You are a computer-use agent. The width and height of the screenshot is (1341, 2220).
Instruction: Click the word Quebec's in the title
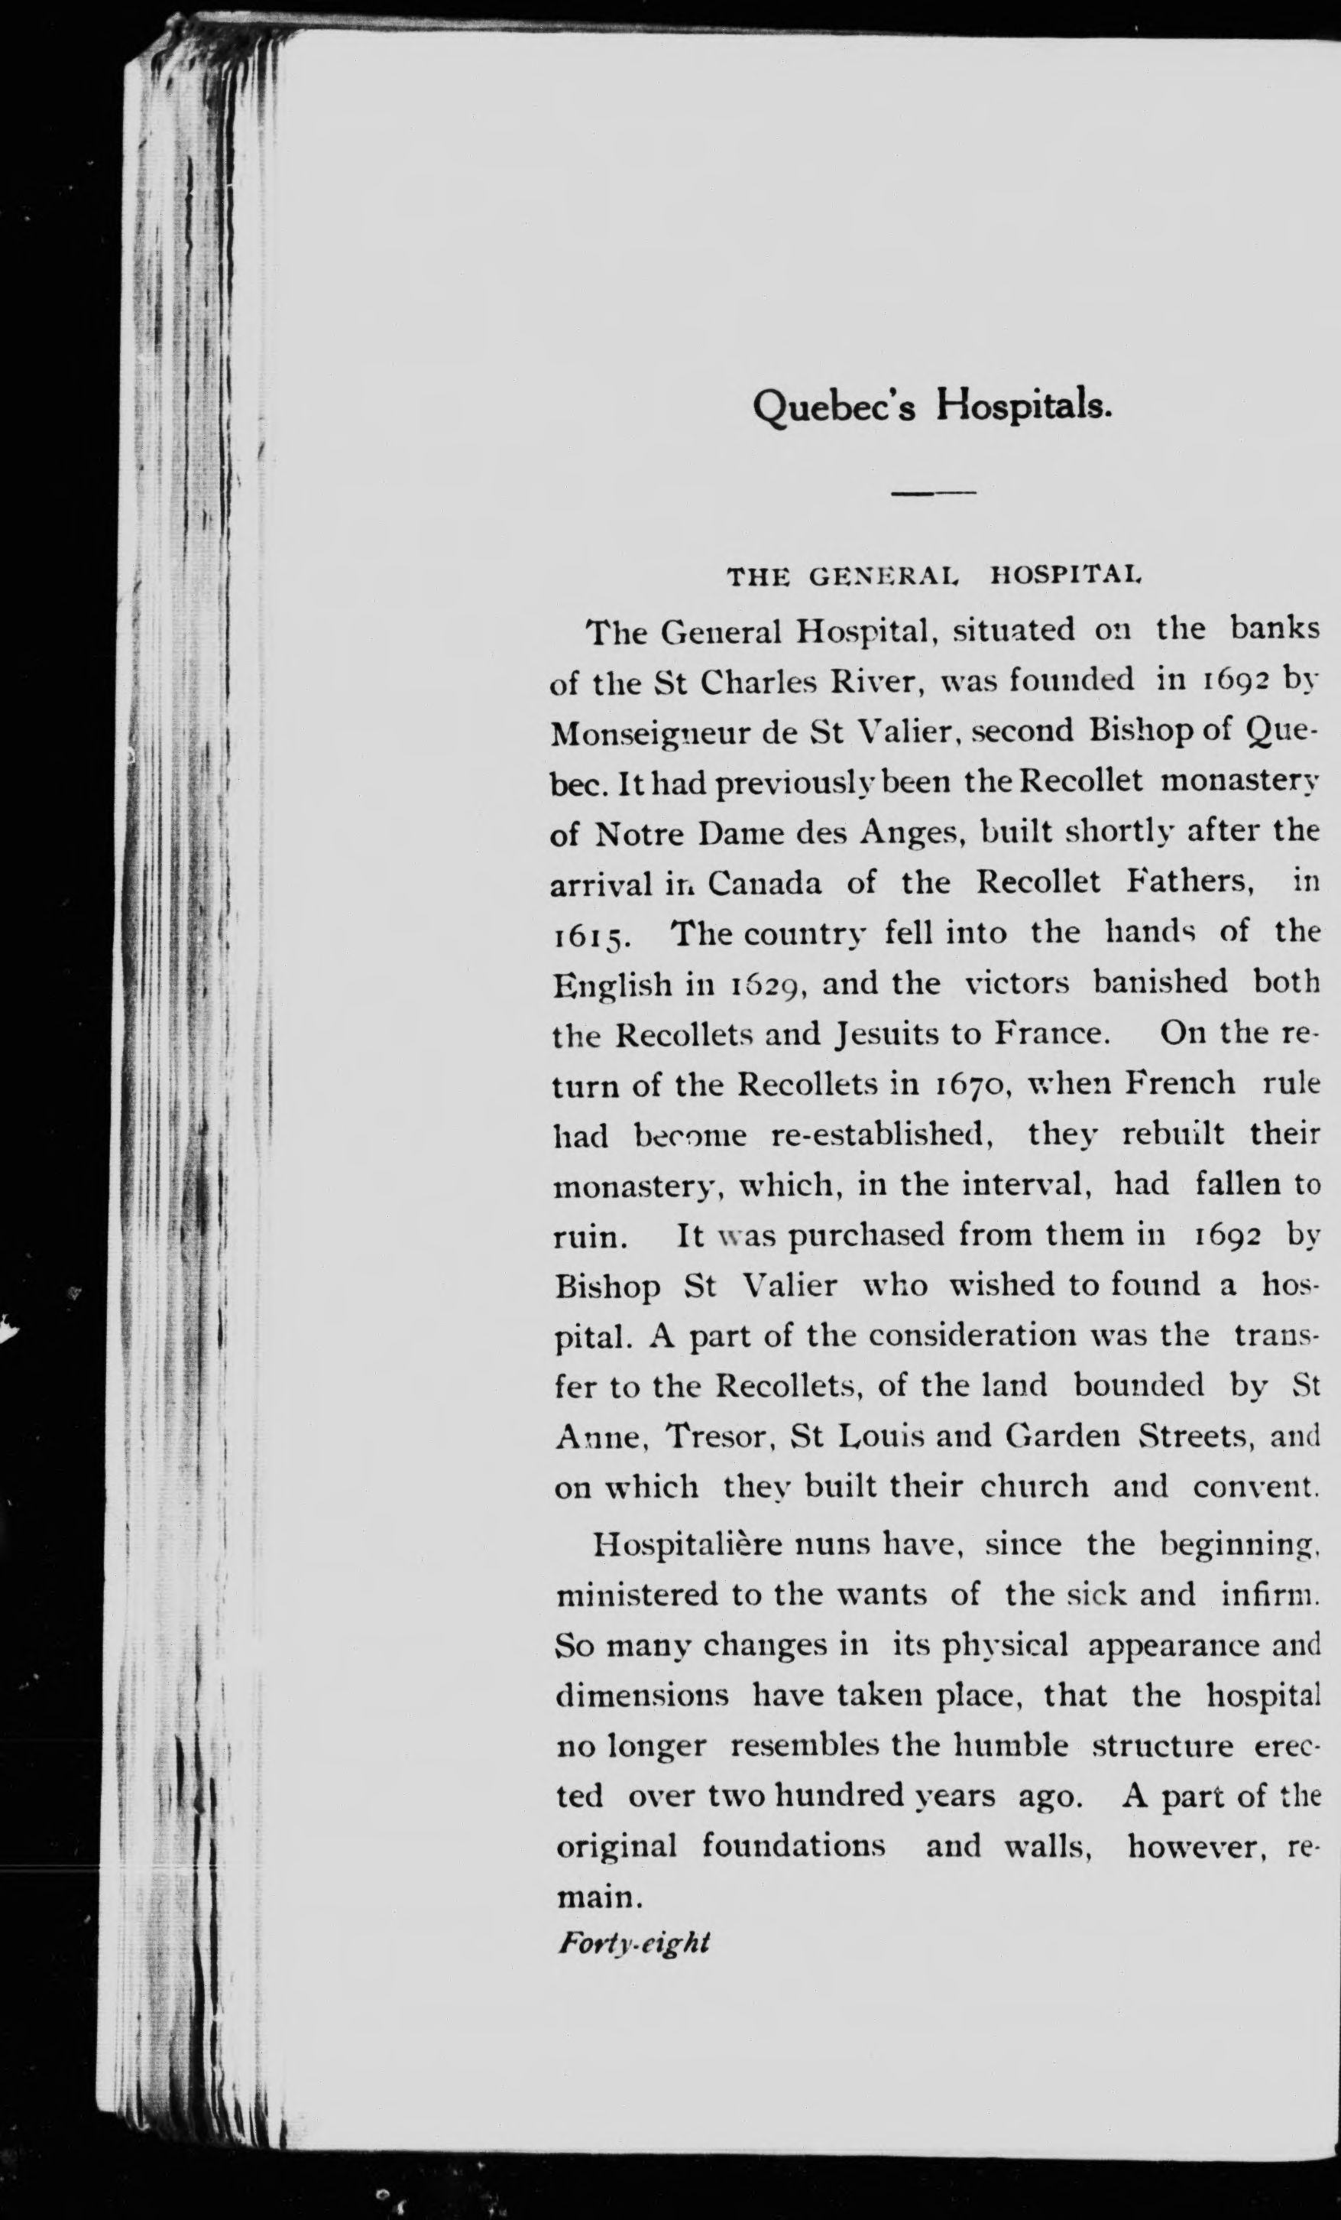click(x=833, y=408)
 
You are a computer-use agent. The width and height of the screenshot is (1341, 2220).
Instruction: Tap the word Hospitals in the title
click(x=1022, y=408)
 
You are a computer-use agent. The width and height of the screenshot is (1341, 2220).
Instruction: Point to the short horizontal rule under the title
click(x=933, y=493)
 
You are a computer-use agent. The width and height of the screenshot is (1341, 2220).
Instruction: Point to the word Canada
click(x=763, y=883)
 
